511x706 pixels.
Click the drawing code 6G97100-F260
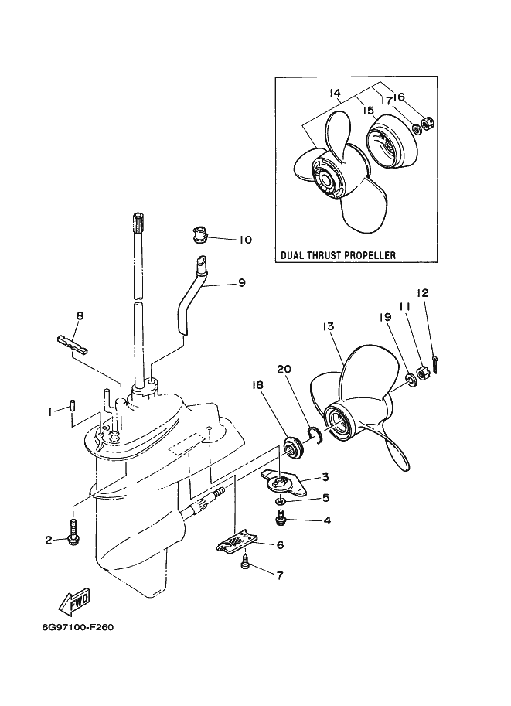pos(78,627)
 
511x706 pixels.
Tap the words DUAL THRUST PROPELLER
pos(338,255)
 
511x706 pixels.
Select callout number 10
pos(245,240)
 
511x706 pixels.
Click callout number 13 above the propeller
pos(329,326)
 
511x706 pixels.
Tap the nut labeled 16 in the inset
pos(428,122)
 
